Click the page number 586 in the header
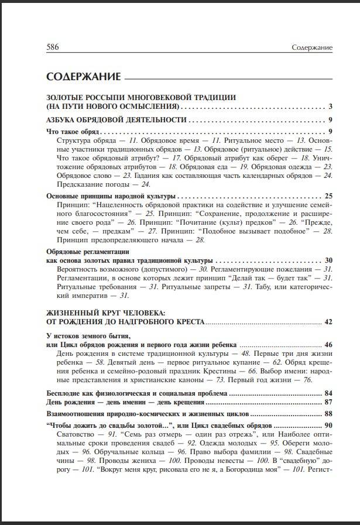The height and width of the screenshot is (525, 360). (x=54, y=47)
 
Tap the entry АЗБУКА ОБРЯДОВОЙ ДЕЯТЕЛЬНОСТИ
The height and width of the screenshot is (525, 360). (x=116, y=120)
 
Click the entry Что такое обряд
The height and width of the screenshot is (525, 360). (x=73, y=132)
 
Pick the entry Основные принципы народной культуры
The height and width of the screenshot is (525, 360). (x=111, y=196)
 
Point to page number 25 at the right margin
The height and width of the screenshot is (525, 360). (x=328, y=196)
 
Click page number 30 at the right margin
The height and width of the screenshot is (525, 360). (x=328, y=260)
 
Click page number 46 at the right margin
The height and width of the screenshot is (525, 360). (x=328, y=345)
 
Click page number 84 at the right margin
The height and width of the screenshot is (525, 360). (x=328, y=393)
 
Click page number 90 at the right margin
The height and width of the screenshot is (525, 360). (x=328, y=425)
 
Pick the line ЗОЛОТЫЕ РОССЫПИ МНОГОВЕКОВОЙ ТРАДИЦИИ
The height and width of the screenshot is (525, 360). (x=141, y=97)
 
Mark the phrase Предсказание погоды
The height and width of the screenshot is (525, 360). (x=90, y=184)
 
